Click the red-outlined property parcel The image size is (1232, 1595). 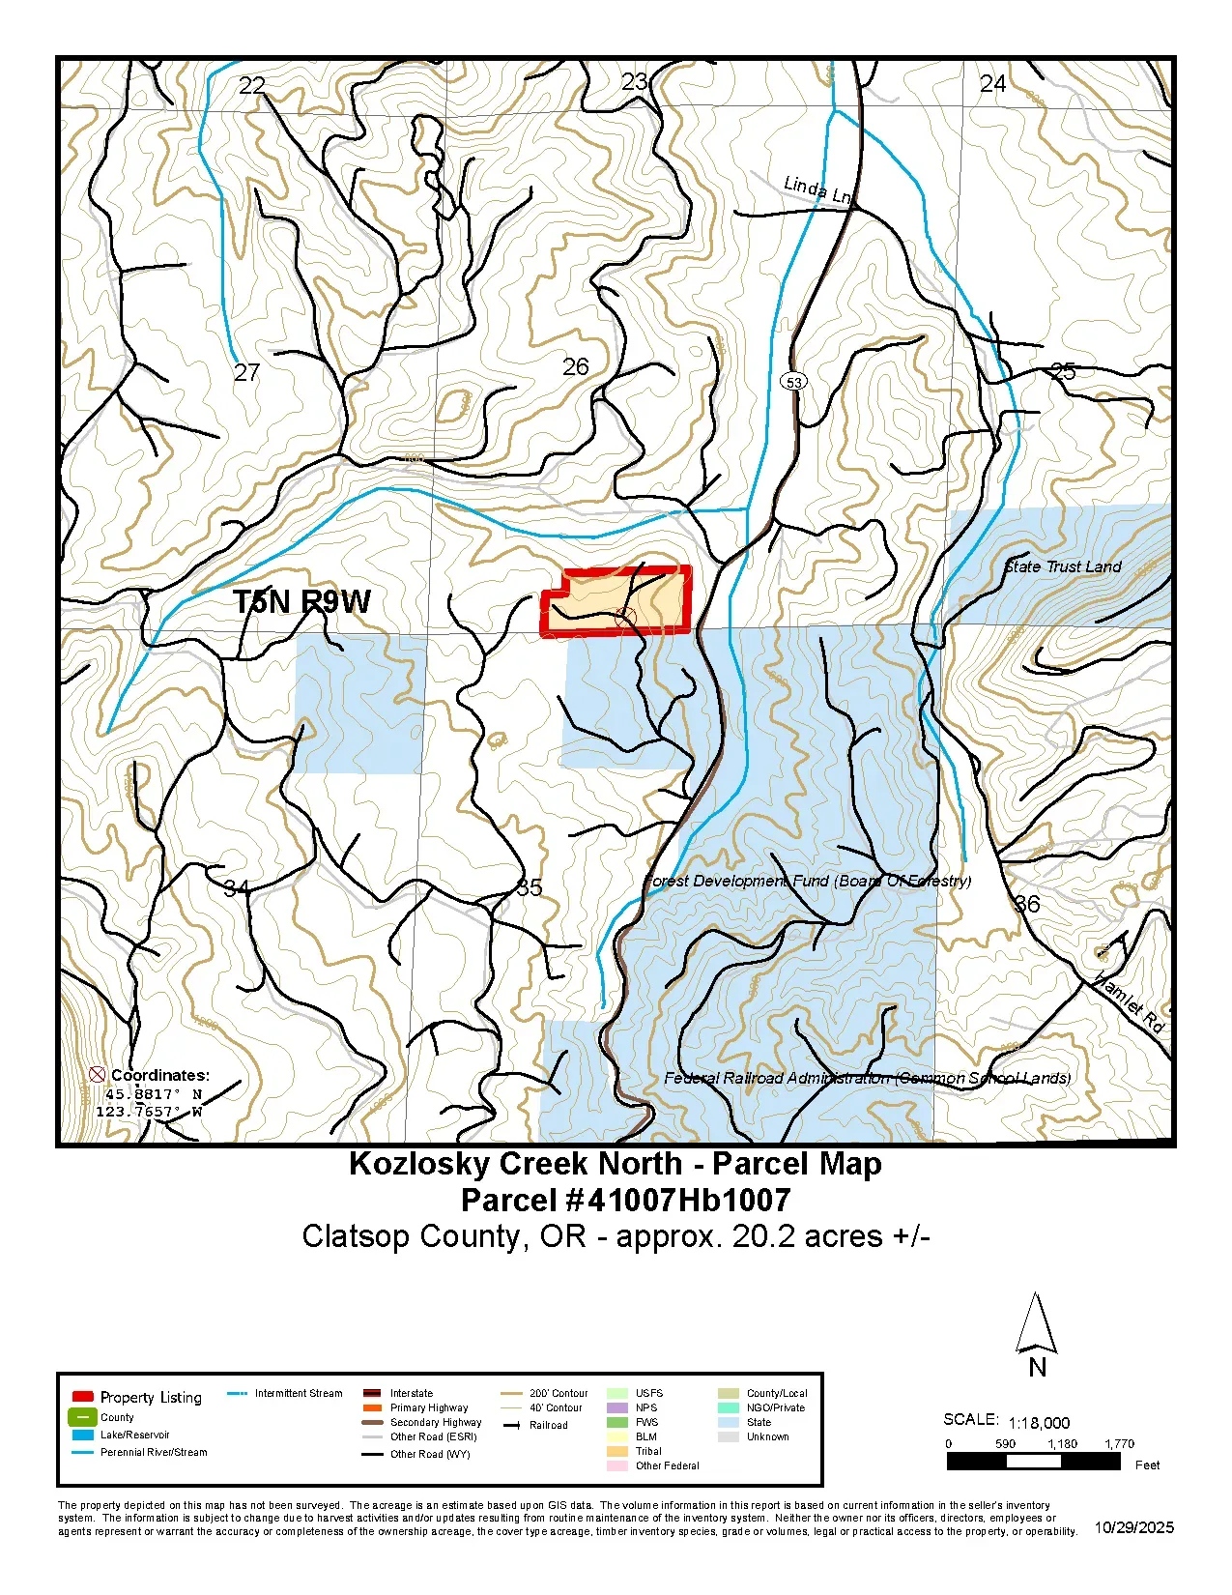(618, 601)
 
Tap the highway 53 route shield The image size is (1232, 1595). (793, 382)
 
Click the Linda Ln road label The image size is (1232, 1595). (817, 189)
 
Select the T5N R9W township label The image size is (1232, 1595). (301, 601)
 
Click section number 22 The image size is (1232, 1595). (252, 86)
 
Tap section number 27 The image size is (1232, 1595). (247, 372)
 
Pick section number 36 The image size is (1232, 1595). (1027, 904)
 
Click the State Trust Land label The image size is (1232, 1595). (1063, 566)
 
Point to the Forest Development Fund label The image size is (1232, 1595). (808, 881)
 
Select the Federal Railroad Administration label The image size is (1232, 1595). (867, 1078)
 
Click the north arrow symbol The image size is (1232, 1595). (1036, 1324)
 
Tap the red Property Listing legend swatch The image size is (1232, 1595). (83, 1397)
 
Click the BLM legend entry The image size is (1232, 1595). (646, 1436)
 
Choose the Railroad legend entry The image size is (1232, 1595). (547, 1425)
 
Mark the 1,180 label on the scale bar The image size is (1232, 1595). (1062, 1443)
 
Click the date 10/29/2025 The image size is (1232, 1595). (1134, 1527)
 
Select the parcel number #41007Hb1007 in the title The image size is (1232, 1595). (625, 1201)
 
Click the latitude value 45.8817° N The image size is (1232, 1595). (153, 1094)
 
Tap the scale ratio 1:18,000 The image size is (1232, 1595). (1039, 1423)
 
